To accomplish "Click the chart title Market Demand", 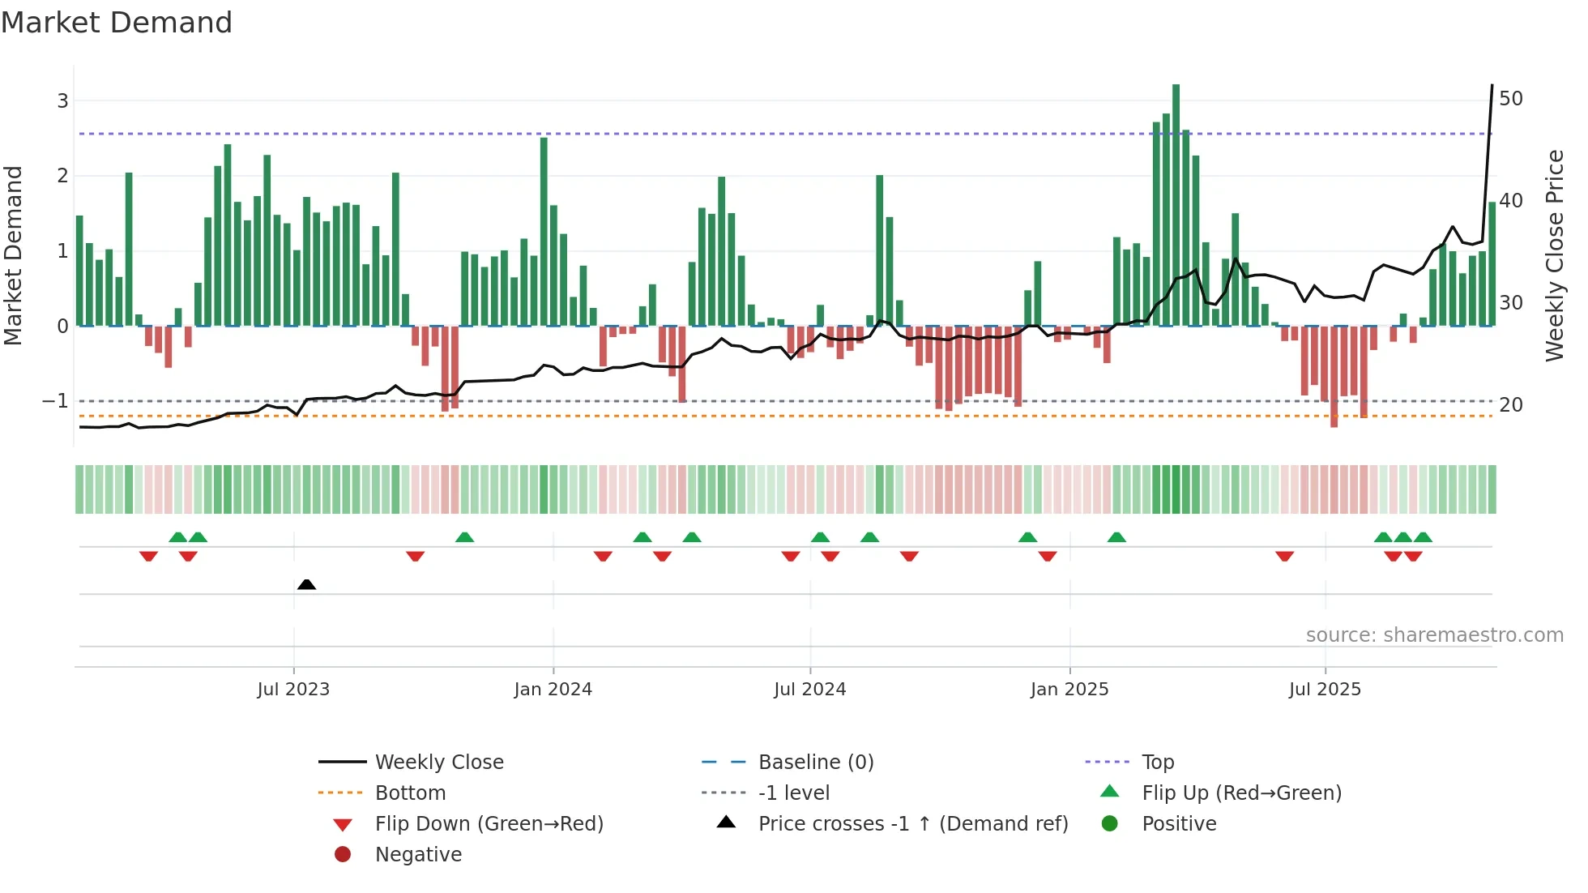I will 117,23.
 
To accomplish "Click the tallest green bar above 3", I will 1176,203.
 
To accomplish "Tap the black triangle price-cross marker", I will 306,584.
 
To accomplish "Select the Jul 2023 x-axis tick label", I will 293,690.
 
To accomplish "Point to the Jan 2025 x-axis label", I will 1069,690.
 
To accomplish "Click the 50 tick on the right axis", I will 1510,99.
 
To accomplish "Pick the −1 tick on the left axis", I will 55,401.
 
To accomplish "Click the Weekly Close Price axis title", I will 1554,255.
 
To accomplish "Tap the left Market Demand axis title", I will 13,255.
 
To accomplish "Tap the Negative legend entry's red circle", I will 343,855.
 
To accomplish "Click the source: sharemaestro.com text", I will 1434,635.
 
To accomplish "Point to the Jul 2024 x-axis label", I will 809,690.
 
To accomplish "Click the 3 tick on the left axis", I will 62,101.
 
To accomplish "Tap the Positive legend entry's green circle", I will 1110,824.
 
